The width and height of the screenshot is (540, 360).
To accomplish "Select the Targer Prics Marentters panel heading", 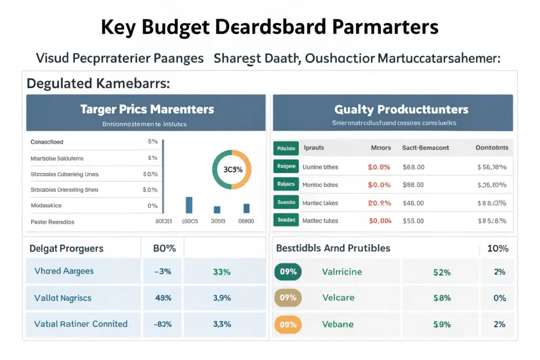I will pyautogui.click(x=147, y=109).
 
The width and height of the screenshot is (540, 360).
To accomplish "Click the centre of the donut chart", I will pyautogui.click(x=231, y=170).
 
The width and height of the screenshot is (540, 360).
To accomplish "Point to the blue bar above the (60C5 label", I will pyautogui.click(x=189, y=205).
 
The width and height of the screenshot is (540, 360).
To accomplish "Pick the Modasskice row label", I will pyautogui.click(x=46, y=206).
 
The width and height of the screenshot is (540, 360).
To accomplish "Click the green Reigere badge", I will pyautogui.click(x=286, y=167).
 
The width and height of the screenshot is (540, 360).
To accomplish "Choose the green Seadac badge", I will pyautogui.click(x=286, y=220).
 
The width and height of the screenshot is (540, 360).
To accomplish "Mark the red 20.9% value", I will pyautogui.click(x=379, y=202).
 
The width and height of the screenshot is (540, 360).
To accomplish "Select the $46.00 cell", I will pyautogui.click(x=413, y=202).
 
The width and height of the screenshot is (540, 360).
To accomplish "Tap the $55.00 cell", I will pyautogui.click(x=413, y=220).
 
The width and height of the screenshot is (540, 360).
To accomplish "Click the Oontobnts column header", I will pyautogui.click(x=492, y=148).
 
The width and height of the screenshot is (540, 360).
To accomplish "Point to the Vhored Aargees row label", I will pyautogui.click(x=64, y=271).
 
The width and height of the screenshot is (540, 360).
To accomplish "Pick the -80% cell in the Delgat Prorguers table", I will pyautogui.click(x=162, y=324).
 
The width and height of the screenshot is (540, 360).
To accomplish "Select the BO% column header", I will pyautogui.click(x=164, y=248).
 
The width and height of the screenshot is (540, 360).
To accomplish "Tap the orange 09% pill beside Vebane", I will pyautogui.click(x=288, y=324).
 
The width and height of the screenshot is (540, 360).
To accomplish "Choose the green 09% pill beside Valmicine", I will pyautogui.click(x=288, y=272).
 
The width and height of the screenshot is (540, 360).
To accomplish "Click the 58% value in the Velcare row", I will pyautogui.click(x=441, y=298).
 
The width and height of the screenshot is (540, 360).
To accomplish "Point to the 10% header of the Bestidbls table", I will pyautogui.click(x=498, y=248).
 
